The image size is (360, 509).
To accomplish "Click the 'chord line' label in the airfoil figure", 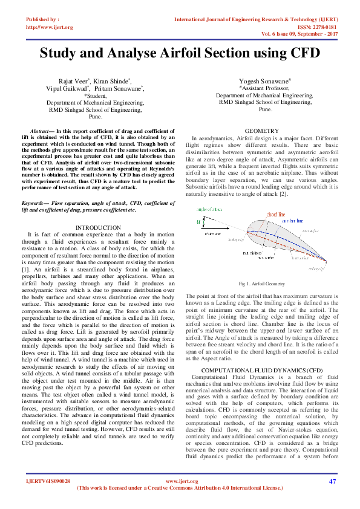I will pyautogui.click(x=277, y=214).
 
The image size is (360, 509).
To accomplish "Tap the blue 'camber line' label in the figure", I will pyautogui.click(x=293, y=221).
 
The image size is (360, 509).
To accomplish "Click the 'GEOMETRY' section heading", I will pyautogui.click(x=261, y=131).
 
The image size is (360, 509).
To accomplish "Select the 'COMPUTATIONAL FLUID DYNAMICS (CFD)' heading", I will pyautogui.click(x=261, y=369).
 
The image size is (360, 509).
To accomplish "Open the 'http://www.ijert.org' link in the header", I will pyautogui.click(x=50, y=27).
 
